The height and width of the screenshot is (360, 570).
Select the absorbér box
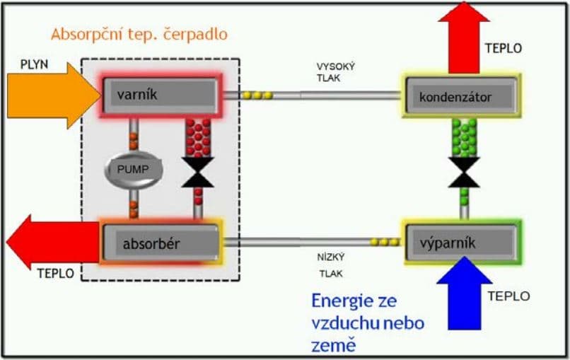pyautogui.click(x=161, y=243)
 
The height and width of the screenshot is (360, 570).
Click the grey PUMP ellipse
pyautogui.click(x=134, y=169)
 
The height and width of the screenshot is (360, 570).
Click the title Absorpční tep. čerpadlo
pyautogui.click(x=139, y=34)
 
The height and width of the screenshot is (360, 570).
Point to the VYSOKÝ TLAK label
pyautogui.click(x=335, y=72)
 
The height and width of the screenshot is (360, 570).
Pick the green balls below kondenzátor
pyautogui.click(x=464, y=137)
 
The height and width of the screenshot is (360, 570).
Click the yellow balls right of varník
pyautogui.click(x=258, y=95)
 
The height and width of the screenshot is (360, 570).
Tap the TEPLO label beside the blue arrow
pyautogui.click(x=507, y=296)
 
